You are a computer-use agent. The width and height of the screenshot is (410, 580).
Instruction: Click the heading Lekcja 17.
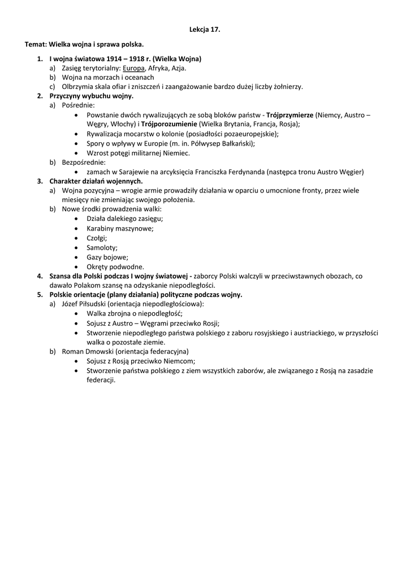[204, 29]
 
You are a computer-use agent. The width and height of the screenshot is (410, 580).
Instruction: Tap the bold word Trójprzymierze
[290, 114]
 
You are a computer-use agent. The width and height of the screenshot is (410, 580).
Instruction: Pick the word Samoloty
[102, 248]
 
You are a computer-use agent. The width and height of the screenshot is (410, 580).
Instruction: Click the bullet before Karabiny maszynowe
[76, 229]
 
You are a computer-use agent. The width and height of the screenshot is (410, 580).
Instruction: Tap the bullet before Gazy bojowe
[76, 257]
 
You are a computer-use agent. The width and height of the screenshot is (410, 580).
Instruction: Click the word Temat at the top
[35, 44]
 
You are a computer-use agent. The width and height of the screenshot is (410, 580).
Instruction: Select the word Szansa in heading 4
[61, 276]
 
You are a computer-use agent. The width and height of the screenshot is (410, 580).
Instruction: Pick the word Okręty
[99, 267]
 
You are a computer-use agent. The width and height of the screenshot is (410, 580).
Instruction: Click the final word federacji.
[97, 380]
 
